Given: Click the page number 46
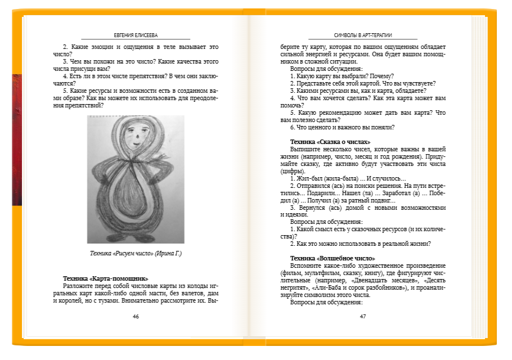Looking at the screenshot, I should pyautogui.click(x=136, y=316).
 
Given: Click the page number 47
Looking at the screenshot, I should pyautogui.click(x=363, y=316).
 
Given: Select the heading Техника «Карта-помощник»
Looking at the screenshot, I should pyautogui.click(x=106, y=278).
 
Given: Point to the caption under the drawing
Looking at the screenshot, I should pyautogui.click(x=136, y=253).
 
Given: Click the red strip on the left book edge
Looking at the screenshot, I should pyautogui.click(x=16, y=141).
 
